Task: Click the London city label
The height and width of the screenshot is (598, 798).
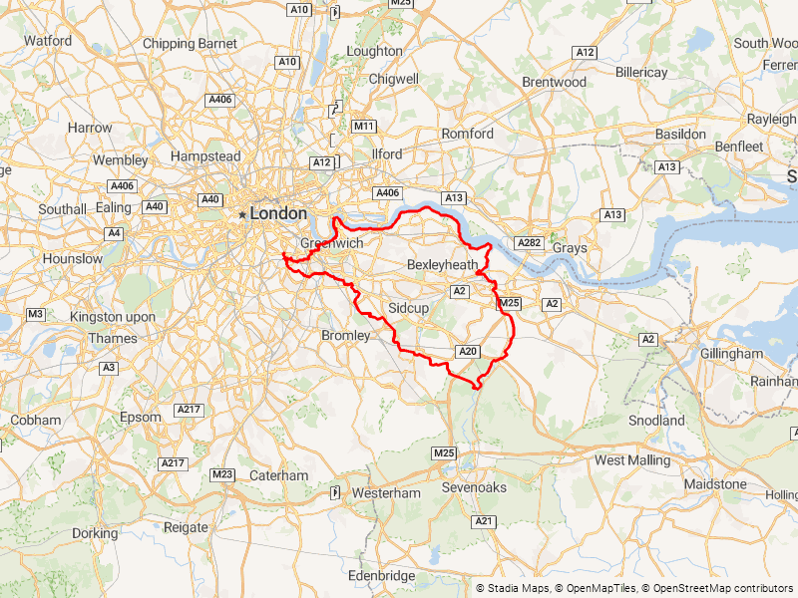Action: coord(278,213)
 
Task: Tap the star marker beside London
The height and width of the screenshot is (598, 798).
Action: coord(241,214)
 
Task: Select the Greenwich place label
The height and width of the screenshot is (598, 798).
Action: coord(332,242)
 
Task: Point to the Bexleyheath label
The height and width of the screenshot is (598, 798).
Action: coord(443,264)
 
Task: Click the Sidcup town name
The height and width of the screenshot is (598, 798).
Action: coord(408,308)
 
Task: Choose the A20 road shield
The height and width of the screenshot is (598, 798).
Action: coord(468,351)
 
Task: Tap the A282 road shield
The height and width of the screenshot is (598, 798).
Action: coord(529,242)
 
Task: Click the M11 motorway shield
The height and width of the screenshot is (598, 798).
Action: coord(364,127)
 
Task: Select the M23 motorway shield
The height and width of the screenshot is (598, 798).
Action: coord(222,473)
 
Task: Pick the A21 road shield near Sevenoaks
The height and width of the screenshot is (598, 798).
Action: coord(485,521)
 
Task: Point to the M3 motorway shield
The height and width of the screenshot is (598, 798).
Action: coord(35,314)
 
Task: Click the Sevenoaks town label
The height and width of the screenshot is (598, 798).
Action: coord(475,487)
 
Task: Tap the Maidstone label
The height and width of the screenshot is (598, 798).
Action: coord(715,484)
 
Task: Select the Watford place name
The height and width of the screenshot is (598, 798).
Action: coord(48,41)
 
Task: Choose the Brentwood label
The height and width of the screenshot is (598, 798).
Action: coord(555,82)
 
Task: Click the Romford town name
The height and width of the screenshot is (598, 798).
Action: coord(468,134)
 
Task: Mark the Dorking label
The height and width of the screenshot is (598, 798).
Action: coord(95,533)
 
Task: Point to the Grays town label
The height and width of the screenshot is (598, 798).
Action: coord(570,247)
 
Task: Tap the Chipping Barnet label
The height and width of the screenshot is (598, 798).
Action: coord(190,44)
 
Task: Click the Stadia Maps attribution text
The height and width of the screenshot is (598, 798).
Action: coord(519,589)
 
